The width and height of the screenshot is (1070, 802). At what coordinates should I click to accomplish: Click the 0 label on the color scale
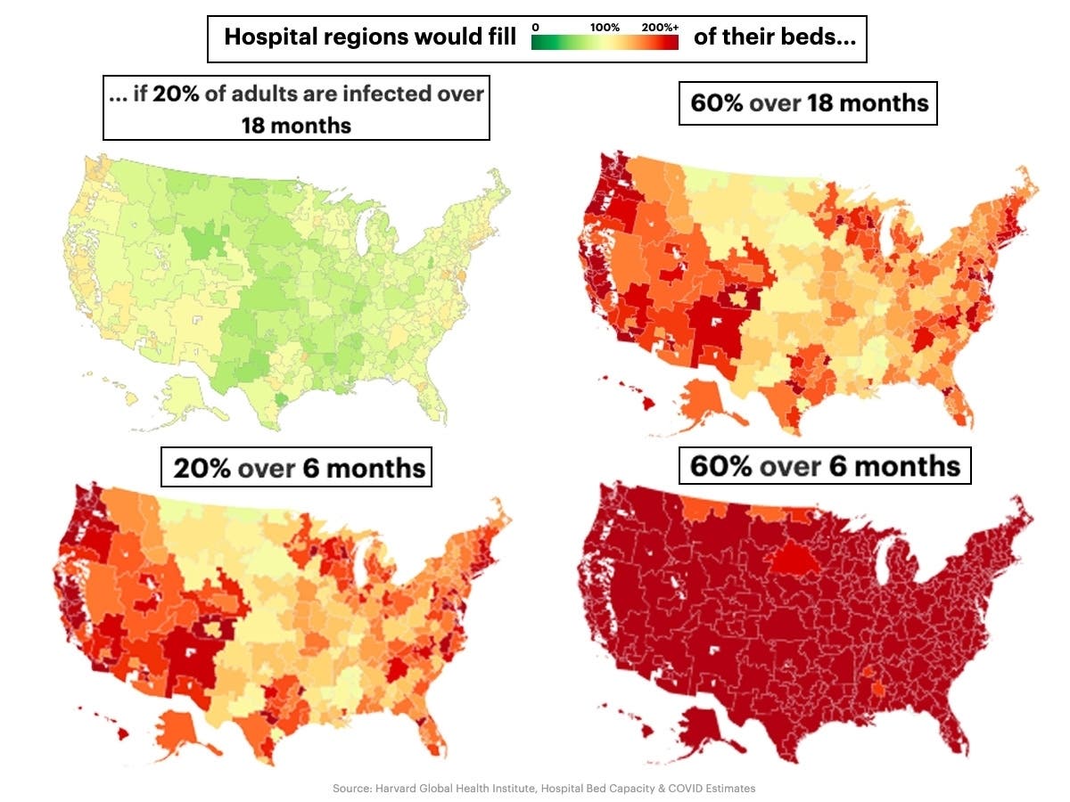pos(535,28)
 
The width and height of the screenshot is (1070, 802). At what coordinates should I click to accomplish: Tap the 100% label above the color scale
pos(605,28)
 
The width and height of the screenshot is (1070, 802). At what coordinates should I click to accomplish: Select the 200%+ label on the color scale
pos(660,28)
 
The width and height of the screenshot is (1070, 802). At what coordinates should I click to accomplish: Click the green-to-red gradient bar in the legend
pos(605,42)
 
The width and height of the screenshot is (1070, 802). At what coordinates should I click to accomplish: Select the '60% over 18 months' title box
pos(808,103)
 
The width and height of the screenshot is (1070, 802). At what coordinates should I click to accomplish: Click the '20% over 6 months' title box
pos(296,466)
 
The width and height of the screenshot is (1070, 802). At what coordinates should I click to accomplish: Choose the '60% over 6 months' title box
pos(825,466)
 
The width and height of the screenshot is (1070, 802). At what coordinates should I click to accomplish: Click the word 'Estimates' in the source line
pos(729,788)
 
